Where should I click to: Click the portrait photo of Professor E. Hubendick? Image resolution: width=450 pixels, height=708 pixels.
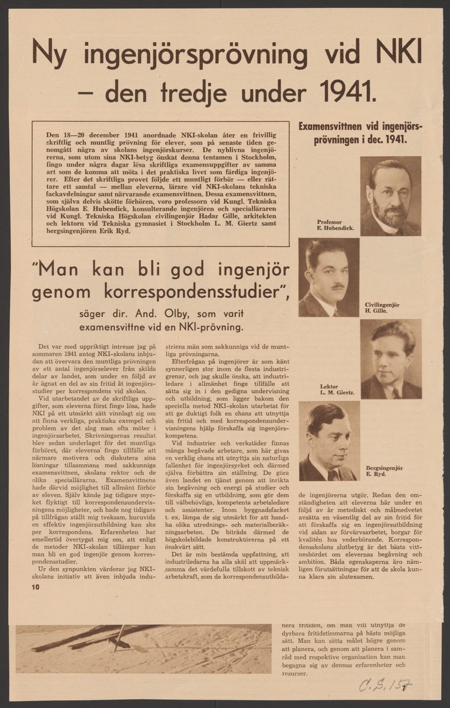390,196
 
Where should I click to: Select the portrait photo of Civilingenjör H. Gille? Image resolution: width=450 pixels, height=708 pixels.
328,277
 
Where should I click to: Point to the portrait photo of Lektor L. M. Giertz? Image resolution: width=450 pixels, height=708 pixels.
390,359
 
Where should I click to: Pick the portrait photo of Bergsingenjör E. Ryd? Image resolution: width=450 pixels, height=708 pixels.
329,441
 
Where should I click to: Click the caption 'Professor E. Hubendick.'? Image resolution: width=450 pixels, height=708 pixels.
335,225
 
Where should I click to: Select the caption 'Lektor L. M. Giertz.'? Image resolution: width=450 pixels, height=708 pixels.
337,389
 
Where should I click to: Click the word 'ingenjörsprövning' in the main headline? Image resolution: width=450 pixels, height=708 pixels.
195,55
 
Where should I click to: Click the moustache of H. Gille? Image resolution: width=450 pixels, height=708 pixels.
337,286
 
